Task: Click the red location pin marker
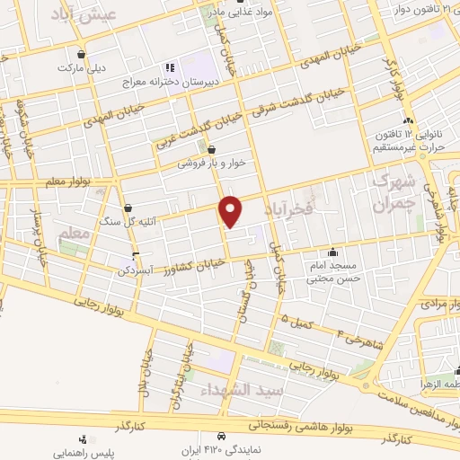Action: click(x=232, y=210)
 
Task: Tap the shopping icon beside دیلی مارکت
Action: click(x=82, y=53)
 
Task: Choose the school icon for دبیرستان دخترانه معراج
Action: click(x=168, y=66)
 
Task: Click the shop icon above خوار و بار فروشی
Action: click(x=211, y=150)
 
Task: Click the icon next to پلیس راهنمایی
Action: click(x=83, y=439)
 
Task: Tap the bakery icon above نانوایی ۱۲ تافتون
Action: click(x=409, y=120)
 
